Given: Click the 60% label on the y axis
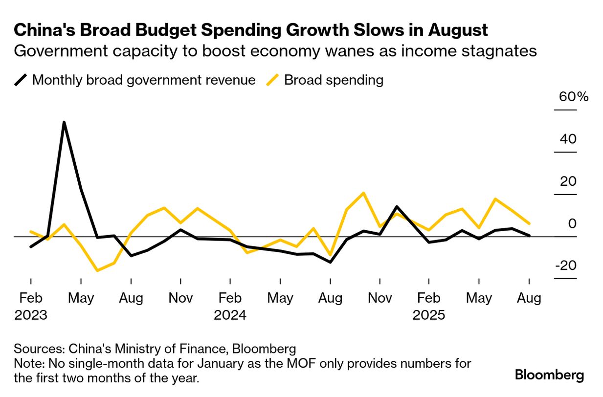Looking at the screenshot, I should click(574, 97).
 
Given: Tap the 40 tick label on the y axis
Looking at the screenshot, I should click(569, 139).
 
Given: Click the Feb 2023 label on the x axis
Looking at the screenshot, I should click(31, 306).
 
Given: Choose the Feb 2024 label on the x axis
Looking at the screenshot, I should click(230, 306).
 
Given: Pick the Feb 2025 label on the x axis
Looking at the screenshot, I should click(429, 306).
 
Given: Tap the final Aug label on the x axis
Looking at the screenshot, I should click(529, 298).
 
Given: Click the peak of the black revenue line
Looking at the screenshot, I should click(64, 122).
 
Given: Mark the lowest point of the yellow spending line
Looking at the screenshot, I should click(97, 270).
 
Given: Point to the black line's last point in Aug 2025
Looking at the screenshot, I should click(529, 235).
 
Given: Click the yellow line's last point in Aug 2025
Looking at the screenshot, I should click(529, 223).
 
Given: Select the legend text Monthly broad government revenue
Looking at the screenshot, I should click(144, 80).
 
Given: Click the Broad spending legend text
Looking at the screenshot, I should click(334, 80).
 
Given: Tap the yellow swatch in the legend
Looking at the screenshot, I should click(273, 80).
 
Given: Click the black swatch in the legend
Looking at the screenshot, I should click(21, 80).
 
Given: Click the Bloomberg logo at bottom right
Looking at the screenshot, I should click(549, 375).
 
